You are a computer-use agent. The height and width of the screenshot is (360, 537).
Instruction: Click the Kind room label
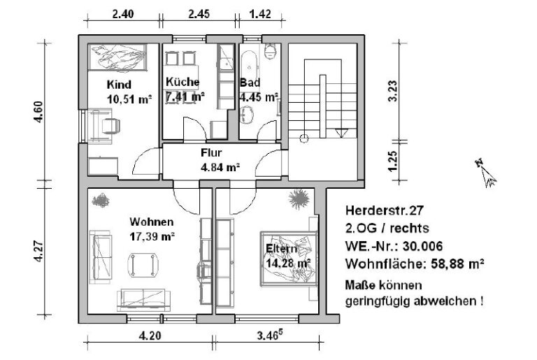[x=119, y=85]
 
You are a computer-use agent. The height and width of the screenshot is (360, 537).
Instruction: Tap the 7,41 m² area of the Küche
[x=185, y=96]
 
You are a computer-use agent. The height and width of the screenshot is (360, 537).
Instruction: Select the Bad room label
[x=250, y=82]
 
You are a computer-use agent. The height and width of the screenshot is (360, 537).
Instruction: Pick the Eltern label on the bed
[x=282, y=249]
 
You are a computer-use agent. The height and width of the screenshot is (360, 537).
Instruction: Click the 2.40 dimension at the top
[x=123, y=13]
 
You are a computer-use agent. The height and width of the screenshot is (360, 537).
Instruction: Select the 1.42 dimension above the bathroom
[x=261, y=13]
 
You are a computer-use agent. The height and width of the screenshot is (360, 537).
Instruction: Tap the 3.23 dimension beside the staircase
[x=393, y=91]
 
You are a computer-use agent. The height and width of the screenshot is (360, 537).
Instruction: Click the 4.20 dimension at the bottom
[x=150, y=336]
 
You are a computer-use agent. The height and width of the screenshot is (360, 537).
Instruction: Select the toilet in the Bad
[x=271, y=52]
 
